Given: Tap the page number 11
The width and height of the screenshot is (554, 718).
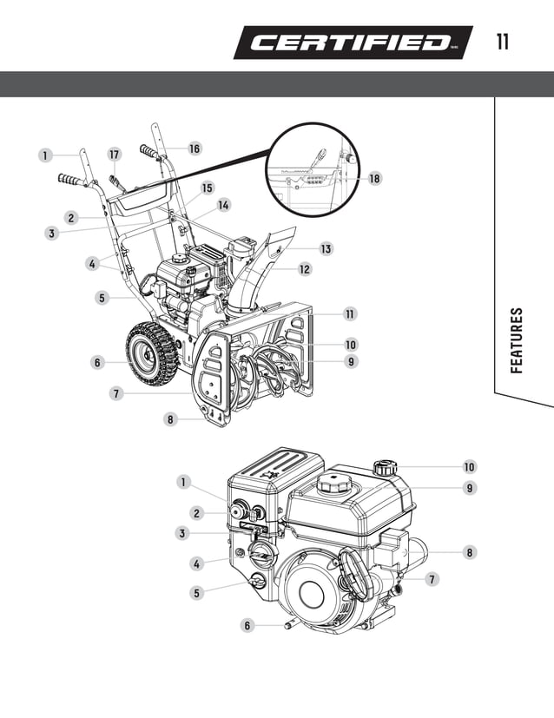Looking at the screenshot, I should [x=503, y=42].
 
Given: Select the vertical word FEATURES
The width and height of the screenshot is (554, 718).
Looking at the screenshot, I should [x=517, y=339].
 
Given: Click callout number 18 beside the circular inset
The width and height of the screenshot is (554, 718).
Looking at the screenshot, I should [x=374, y=178].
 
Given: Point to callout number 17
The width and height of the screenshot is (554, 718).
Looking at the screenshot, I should [x=114, y=154].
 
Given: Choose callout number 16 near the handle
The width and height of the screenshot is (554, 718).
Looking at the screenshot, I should [x=194, y=148].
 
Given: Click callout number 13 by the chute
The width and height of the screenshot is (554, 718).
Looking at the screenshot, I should [x=325, y=249].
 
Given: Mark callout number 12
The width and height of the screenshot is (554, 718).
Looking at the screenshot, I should [x=305, y=269].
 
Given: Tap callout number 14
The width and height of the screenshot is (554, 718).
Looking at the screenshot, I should [x=224, y=205].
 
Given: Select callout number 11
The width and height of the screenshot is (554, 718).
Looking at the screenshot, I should [x=350, y=313].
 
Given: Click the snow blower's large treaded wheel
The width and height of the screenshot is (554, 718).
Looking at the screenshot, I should [x=152, y=352].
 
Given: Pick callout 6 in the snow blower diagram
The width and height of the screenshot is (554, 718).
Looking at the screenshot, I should [x=98, y=362].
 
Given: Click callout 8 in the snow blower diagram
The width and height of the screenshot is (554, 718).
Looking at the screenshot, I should [x=171, y=419].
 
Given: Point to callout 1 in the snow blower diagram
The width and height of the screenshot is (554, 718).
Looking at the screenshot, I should [x=44, y=155].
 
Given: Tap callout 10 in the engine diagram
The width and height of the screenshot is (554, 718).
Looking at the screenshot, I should [x=469, y=467].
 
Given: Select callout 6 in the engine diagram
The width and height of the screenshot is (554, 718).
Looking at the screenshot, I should [x=247, y=625].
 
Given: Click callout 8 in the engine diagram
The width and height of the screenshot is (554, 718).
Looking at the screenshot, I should [x=469, y=551].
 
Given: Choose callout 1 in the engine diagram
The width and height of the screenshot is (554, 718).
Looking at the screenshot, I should [x=183, y=481].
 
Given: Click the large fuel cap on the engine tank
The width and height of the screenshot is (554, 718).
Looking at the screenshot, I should [x=333, y=483].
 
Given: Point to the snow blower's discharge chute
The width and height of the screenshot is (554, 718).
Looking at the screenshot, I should [x=252, y=273].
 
